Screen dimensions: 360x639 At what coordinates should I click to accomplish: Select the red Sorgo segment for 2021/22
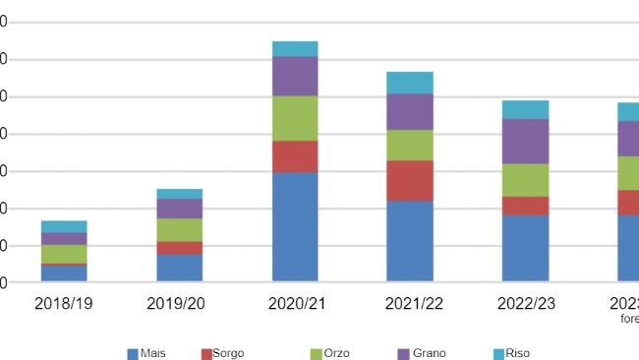(x=409, y=181)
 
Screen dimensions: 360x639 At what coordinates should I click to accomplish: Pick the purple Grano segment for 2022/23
(x=525, y=142)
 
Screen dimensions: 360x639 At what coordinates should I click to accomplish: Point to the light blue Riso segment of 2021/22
(x=409, y=83)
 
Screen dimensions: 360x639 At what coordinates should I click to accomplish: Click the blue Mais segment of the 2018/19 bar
(x=64, y=273)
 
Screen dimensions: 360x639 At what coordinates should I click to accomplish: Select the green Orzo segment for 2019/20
(x=179, y=230)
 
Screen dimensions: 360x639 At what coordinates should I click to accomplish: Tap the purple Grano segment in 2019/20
(x=179, y=209)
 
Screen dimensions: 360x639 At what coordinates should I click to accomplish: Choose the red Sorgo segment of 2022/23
(x=525, y=206)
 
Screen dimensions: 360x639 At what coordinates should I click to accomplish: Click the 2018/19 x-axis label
(x=64, y=303)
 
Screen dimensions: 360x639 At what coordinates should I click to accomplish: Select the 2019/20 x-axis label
(x=179, y=303)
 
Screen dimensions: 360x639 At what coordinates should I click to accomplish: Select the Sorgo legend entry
(x=222, y=353)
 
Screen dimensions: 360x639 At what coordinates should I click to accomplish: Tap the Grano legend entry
(x=423, y=353)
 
